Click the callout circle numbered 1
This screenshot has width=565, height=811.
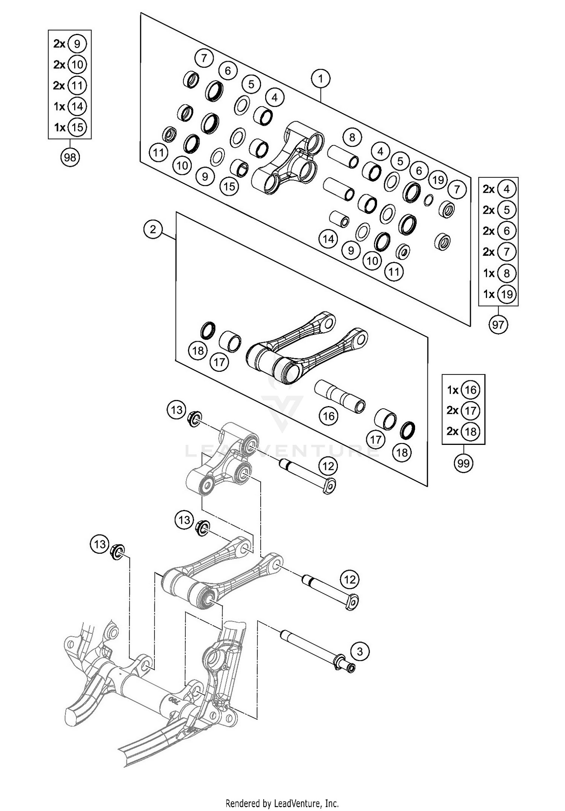(x=321, y=79)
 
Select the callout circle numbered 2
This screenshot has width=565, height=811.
(x=153, y=229)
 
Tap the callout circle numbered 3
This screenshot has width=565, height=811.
(x=360, y=651)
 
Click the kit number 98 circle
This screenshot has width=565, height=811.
(x=70, y=157)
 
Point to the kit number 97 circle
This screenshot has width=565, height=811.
(x=498, y=324)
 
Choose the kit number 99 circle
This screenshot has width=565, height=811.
(x=463, y=463)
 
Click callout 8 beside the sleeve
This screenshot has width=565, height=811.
(x=352, y=137)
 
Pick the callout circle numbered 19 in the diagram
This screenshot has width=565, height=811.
(x=438, y=180)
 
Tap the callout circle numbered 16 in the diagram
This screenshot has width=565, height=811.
(x=328, y=416)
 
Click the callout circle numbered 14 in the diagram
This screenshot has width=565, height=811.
(x=328, y=238)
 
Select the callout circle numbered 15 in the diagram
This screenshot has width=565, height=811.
(x=229, y=186)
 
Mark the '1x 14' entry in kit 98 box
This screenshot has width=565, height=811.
(x=70, y=107)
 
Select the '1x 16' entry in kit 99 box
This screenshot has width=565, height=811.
(x=463, y=390)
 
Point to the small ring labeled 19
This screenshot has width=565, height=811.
(x=428, y=200)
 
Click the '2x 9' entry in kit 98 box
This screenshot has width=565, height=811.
(x=70, y=44)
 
